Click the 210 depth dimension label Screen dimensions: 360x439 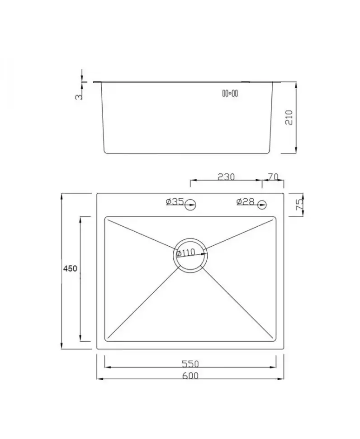(x=289, y=117)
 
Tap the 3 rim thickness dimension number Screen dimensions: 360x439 (x=79, y=96)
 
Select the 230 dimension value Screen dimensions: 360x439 (x=226, y=177)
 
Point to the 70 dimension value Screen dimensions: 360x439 (x=273, y=177)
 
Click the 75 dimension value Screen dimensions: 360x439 (x=299, y=205)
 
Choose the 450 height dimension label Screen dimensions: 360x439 (x=70, y=269)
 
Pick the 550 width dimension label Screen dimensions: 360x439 (x=190, y=364)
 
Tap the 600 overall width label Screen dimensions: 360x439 (x=190, y=376)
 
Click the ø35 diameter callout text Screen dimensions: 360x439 (x=175, y=201)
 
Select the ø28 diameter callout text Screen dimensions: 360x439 (x=245, y=201)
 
